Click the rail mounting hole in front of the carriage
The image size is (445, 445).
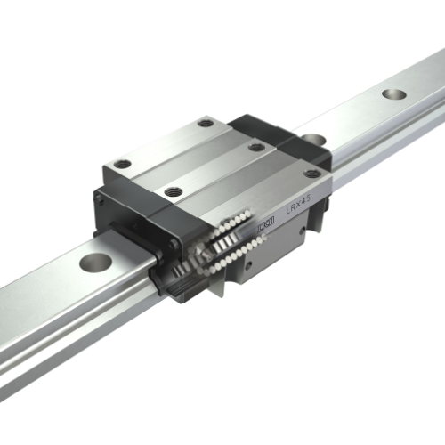(x=95, y=263)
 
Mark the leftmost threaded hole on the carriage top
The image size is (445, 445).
(x=123, y=164)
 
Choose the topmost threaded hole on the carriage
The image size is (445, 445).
(x=206, y=123)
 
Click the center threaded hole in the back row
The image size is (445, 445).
(x=256, y=147)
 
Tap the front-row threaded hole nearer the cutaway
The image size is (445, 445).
(x=174, y=191)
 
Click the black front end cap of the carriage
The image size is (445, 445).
(x=133, y=222)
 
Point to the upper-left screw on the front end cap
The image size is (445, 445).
(x=101, y=200)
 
